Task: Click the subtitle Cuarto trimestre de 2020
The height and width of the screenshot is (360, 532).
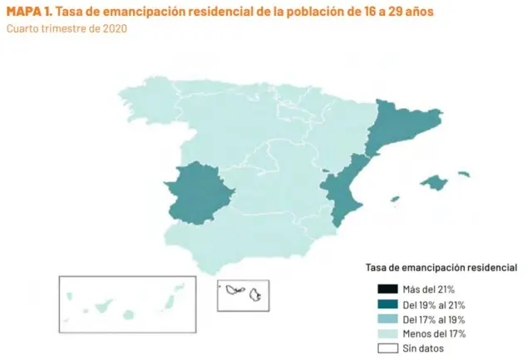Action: (x=66, y=28)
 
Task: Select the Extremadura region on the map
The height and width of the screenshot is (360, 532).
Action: (x=198, y=192)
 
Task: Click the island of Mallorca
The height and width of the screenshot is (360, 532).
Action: (x=435, y=181)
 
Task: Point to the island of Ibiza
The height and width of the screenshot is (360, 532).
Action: (x=395, y=200)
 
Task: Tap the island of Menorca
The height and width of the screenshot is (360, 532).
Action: (x=463, y=174)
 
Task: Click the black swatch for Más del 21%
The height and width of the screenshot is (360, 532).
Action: (x=387, y=288)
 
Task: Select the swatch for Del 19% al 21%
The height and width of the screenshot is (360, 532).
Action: (x=387, y=303)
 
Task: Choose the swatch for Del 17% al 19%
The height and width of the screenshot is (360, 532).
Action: (x=387, y=318)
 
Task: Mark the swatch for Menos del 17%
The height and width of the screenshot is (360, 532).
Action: (x=387, y=333)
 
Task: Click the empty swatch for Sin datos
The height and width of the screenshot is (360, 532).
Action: (x=387, y=348)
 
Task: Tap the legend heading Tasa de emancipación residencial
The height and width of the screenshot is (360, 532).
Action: (x=441, y=268)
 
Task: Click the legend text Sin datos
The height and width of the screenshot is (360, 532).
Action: (x=423, y=348)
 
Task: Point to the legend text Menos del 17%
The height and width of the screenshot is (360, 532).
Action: (x=433, y=333)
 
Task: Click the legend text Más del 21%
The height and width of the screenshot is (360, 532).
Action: (x=429, y=288)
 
